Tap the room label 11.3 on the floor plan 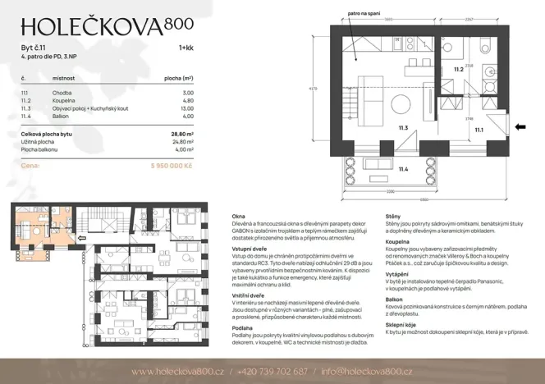[403, 127]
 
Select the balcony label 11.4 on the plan [403, 169]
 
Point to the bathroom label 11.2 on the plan [460, 71]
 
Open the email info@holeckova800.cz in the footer [367, 371]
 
